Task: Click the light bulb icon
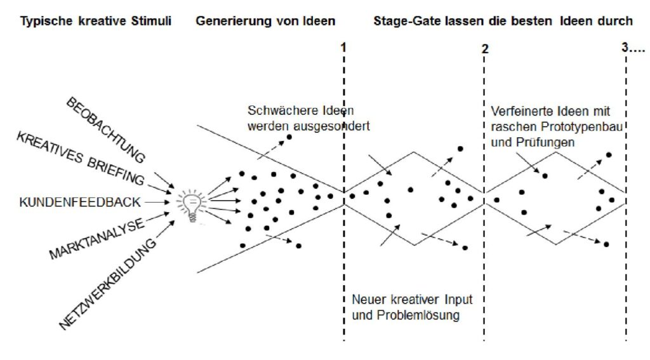(191, 205)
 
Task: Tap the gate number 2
(485, 49)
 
